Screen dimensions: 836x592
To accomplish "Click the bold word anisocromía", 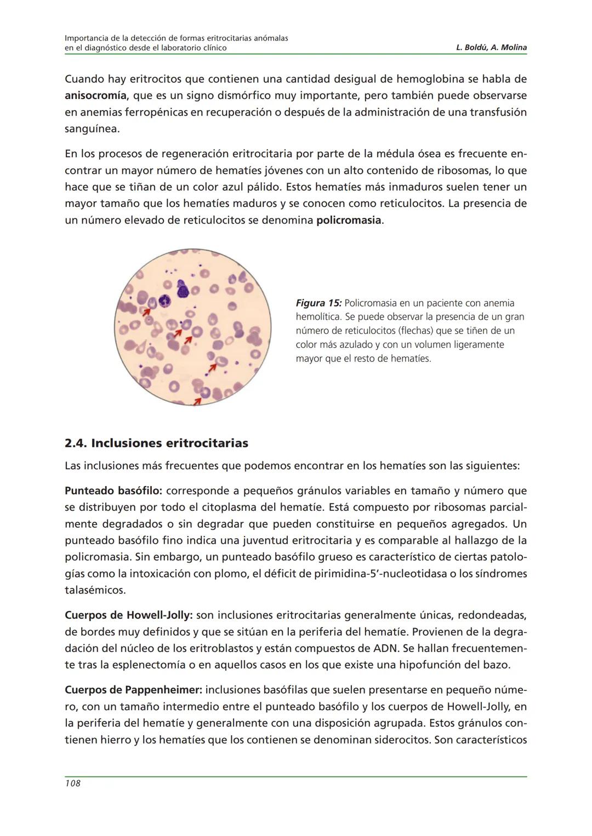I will click(95, 96).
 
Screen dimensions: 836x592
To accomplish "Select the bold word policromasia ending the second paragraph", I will click(349, 221).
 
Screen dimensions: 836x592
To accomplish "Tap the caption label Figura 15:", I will click(318, 303).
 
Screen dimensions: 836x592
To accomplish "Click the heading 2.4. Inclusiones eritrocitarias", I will click(156, 443).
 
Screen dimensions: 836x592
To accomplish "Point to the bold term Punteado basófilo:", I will click(110, 491).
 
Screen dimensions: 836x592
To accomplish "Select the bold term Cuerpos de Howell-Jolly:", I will click(128, 615).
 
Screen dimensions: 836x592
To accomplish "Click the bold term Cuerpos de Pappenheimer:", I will click(133, 690).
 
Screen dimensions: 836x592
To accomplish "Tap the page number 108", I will click(72, 783).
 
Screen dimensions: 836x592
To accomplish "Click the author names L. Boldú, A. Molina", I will click(491, 48).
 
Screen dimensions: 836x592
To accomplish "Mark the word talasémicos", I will click(95, 590).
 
